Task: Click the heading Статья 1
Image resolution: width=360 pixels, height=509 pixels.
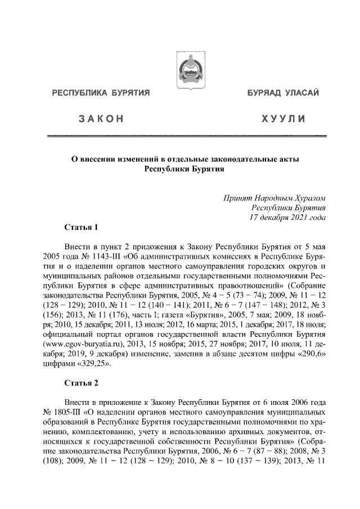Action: pos(80,228)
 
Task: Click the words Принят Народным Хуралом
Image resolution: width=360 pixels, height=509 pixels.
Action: pos(275,197)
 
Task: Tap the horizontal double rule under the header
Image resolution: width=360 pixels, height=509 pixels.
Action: pos(186,136)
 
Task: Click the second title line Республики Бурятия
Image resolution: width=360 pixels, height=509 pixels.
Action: pos(185,169)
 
